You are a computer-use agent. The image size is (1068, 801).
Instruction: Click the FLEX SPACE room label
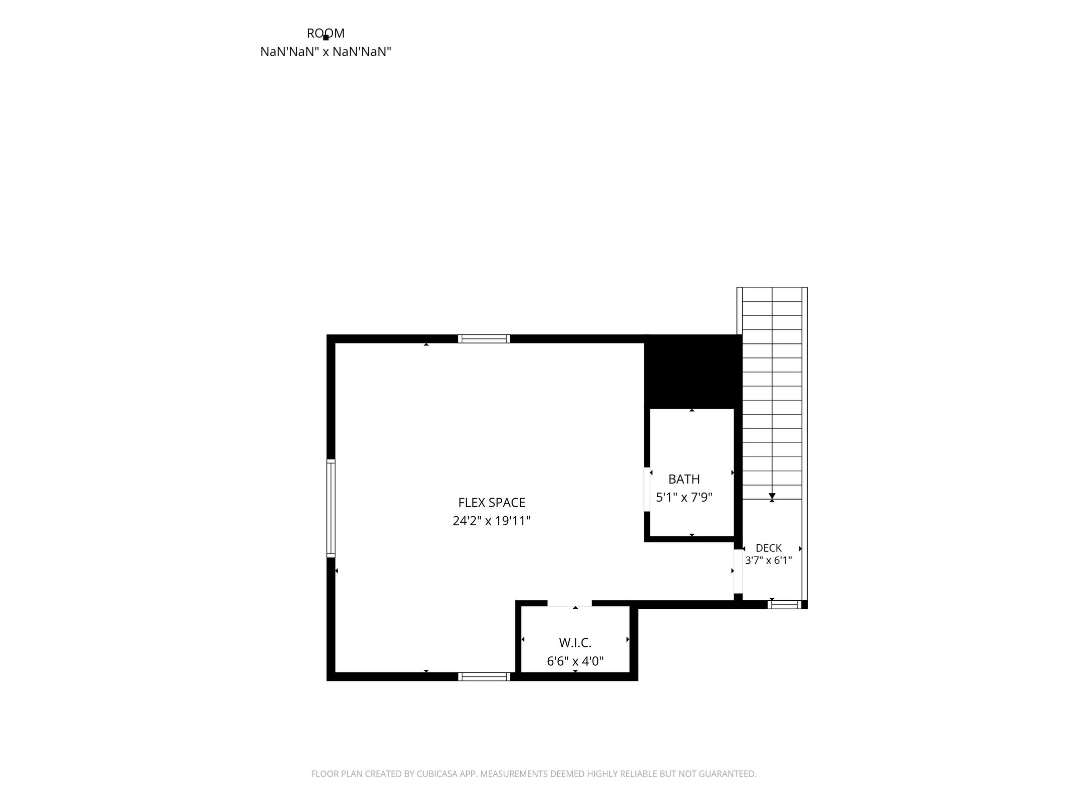pos(491,502)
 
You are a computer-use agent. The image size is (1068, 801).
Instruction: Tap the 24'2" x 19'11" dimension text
pos(491,521)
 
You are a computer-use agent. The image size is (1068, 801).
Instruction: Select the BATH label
pos(684,479)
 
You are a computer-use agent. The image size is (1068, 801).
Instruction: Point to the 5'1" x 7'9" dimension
pos(684,497)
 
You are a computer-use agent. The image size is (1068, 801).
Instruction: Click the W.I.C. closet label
pos(575,642)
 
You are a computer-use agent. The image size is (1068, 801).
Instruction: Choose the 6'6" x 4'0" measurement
pos(575,661)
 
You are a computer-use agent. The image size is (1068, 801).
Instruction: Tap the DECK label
pos(769,548)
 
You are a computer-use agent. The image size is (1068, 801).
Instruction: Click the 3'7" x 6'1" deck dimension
pos(769,560)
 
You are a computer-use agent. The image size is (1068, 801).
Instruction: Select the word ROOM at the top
pos(325,33)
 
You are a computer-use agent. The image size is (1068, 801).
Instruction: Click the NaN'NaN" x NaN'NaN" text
pos(325,52)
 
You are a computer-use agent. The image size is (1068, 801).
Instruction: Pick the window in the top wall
pos(484,339)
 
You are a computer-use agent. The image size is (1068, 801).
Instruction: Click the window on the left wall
pos(331,508)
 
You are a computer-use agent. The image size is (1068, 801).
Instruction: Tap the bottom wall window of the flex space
pos(484,677)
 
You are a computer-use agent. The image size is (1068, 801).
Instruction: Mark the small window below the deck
pos(784,605)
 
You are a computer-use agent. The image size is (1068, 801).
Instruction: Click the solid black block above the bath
pos(692,371)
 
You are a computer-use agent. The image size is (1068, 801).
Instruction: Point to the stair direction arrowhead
pos(772,496)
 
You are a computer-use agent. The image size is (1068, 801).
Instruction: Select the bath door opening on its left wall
pos(647,489)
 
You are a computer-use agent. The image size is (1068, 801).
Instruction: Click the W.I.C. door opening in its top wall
pos(569,603)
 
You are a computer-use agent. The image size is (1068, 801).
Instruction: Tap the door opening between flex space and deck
pos(738,571)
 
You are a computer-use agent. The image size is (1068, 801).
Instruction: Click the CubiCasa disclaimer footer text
pos(534,774)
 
